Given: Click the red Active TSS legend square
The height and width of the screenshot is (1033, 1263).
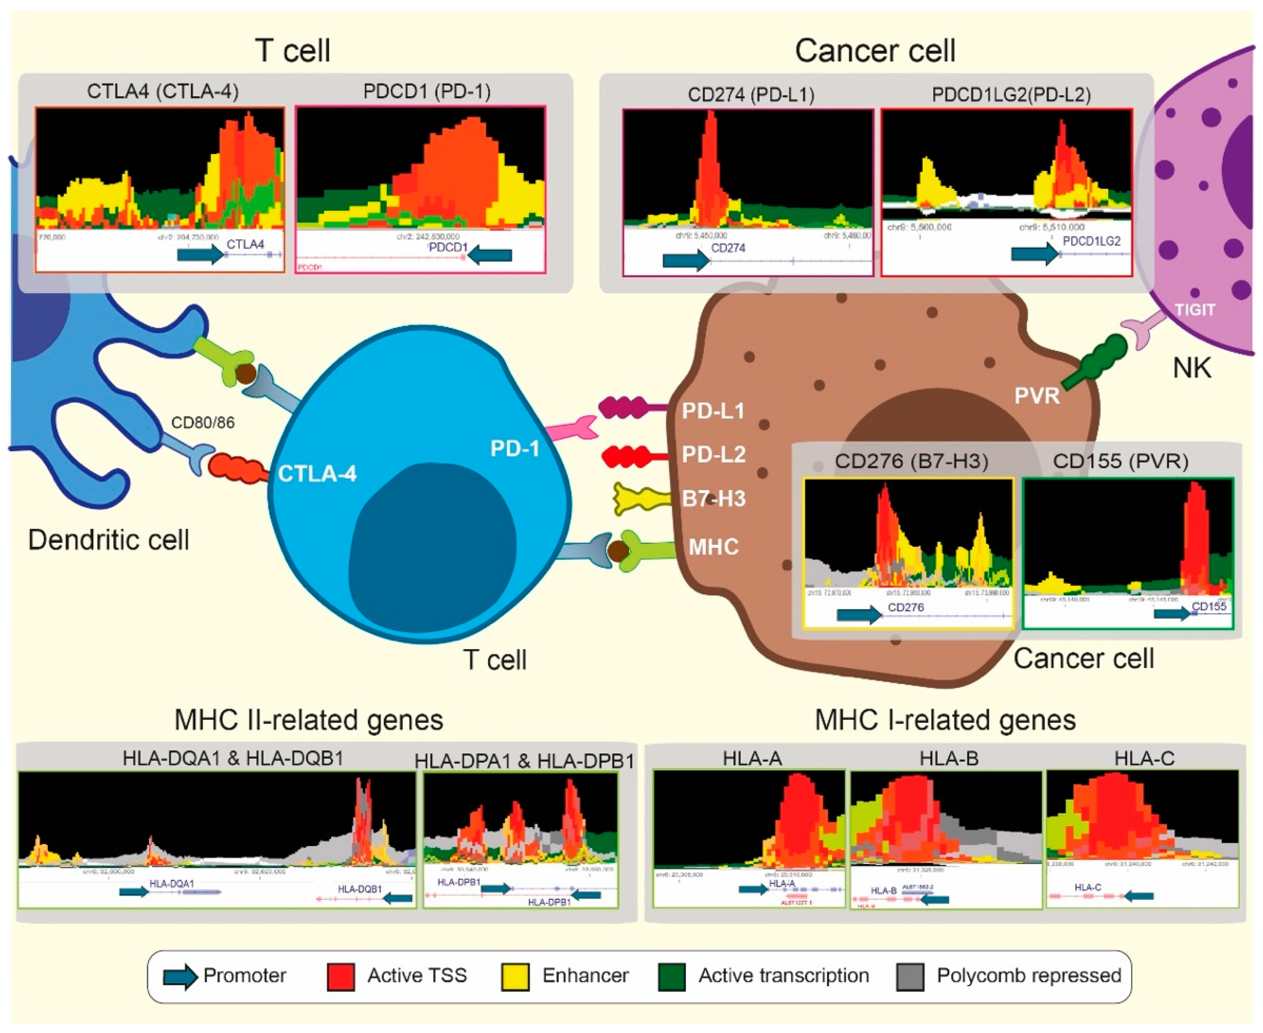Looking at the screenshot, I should point(341,977).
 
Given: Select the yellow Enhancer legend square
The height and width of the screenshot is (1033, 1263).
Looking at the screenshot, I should point(515,977).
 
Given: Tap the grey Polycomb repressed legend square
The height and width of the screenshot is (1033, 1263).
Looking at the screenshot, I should point(910,977).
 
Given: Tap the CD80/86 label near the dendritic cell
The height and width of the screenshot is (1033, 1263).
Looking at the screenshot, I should point(203,422).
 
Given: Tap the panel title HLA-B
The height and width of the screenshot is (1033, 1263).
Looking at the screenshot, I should point(948,759).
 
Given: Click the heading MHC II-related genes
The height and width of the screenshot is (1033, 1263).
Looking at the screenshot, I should point(309,720).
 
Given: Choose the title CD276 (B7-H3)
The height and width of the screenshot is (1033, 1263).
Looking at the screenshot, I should point(911,461).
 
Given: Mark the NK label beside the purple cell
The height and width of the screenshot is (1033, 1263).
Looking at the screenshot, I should point(1192,368).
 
